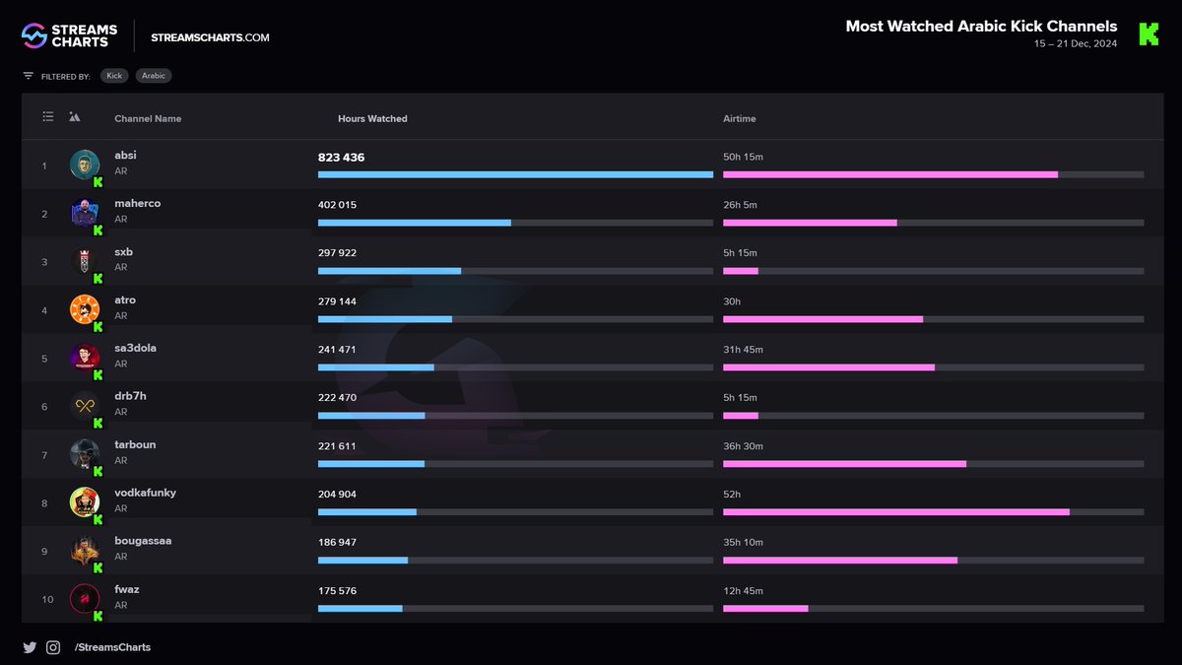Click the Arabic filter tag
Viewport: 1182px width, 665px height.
coord(154,76)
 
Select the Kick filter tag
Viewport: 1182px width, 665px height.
coord(114,76)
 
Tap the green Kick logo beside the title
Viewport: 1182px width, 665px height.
coord(1149,34)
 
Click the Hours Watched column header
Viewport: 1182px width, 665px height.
coord(372,119)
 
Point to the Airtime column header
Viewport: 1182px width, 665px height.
coord(740,119)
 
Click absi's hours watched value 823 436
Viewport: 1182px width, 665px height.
coord(341,158)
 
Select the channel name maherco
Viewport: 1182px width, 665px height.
coord(138,203)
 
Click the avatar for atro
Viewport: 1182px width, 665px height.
coord(85,309)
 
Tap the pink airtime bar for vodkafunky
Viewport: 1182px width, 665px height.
coord(896,512)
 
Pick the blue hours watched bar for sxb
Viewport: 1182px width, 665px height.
coord(389,271)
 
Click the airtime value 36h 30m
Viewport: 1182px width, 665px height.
coord(743,446)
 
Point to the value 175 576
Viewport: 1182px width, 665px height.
coord(337,590)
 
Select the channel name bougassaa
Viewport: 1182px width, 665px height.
coord(143,541)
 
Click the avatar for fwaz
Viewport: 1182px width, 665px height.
coord(85,599)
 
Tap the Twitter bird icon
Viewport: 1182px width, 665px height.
coord(30,647)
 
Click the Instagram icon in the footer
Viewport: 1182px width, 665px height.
coord(53,647)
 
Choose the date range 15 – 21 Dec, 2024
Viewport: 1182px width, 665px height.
coord(1076,43)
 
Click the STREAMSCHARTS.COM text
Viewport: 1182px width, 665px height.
coord(210,37)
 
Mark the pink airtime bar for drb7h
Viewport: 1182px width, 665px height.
coord(741,416)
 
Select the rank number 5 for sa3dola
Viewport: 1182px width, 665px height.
coord(44,359)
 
